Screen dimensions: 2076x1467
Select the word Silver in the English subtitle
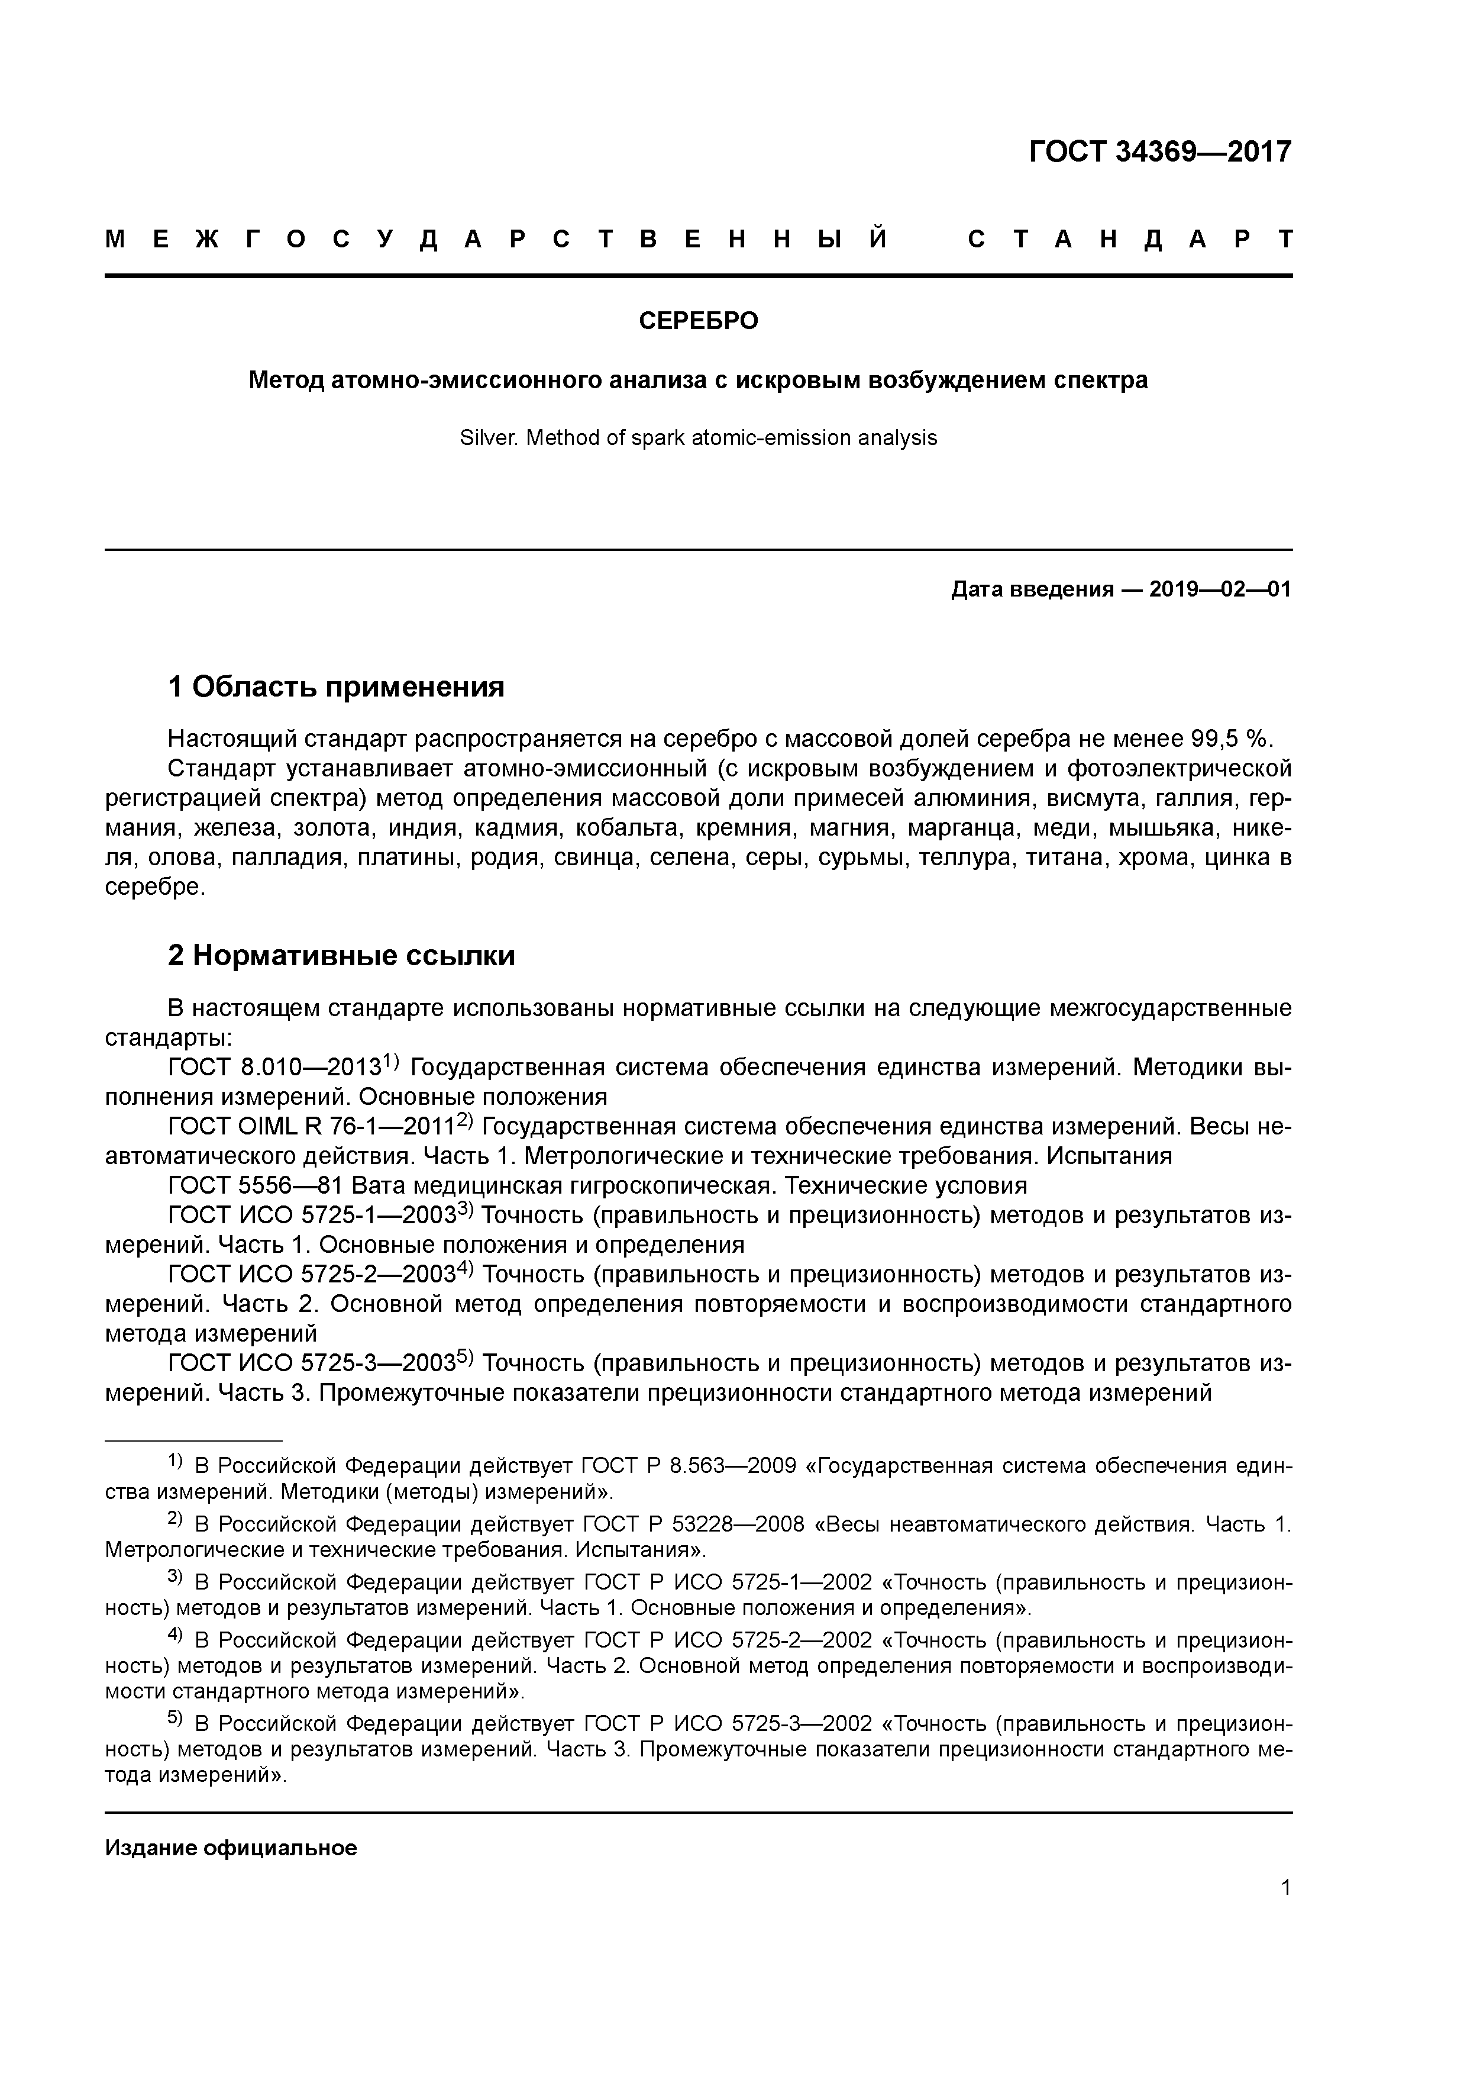click(488, 439)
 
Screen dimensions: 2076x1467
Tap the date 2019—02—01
click(1220, 591)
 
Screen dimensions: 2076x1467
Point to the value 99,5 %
click(1232, 739)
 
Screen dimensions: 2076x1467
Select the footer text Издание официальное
click(231, 1848)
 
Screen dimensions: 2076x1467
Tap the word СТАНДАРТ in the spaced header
click(1130, 240)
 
